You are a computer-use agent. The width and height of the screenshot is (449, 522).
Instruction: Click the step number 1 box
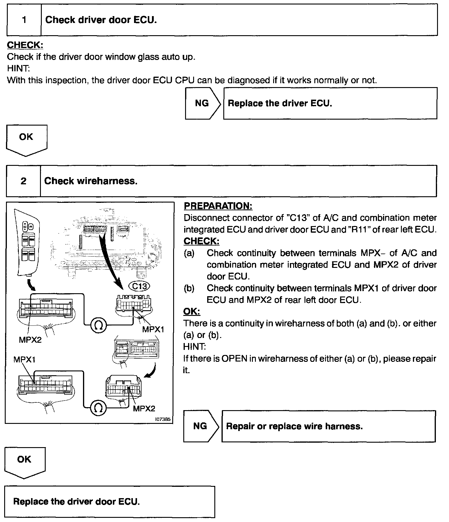tap(24, 20)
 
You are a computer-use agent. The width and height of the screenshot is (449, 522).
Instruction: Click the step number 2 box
tap(23, 181)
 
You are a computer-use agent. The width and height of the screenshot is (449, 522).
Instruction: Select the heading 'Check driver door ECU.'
tap(101, 20)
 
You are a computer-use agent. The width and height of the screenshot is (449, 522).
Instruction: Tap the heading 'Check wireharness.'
tap(91, 181)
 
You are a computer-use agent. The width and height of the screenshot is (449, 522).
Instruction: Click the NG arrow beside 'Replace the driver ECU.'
tap(202, 103)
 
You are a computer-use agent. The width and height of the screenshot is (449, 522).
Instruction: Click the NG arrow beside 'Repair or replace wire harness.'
tap(201, 426)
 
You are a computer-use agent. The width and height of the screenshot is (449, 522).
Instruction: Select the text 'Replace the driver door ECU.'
tap(76, 501)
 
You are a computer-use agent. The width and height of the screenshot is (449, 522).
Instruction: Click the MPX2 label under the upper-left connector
tap(30, 340)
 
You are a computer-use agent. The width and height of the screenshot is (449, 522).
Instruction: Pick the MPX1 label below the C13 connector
tap(153, 329)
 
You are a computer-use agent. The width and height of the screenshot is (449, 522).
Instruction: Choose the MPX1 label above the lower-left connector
tap(24, 360)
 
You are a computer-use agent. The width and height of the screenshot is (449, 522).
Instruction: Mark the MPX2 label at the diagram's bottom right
tap(144, 408)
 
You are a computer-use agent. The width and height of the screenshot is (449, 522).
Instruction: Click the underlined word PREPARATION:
tap(218, 206)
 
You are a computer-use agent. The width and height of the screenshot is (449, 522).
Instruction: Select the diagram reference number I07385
tap(163, 419)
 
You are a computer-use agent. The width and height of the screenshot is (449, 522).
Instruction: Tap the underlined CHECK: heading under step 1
tap(25, 45)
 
